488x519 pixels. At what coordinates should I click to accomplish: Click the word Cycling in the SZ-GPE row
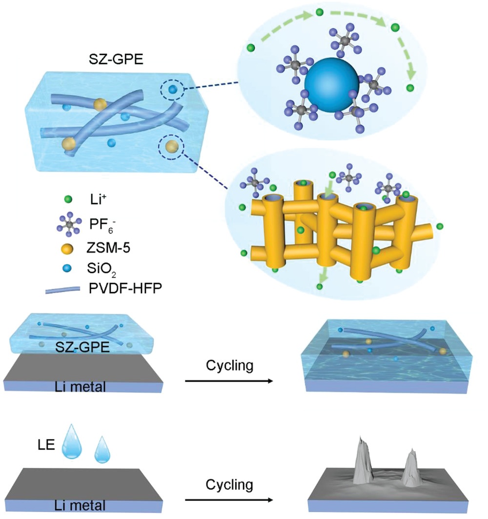click(229, 365)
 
